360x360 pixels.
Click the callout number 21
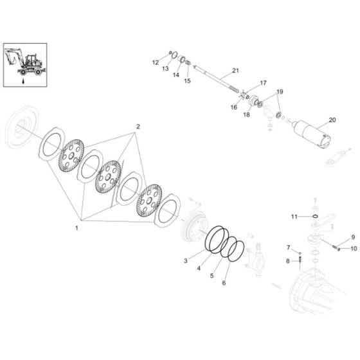[x=235, y=70]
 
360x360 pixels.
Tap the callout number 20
[x=332, y=120]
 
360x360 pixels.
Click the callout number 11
[x=293, y=217]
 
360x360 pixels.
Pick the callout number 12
[x=154, y=62]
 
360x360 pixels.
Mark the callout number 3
[x=186, y=260]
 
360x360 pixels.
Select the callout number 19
[x=279, y=92]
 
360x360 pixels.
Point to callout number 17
[x=262, y=84]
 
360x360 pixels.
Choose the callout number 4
[x=198, y=268]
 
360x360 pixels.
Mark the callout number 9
[x=352, y=237]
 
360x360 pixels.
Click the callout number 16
[x=233, y=108]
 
